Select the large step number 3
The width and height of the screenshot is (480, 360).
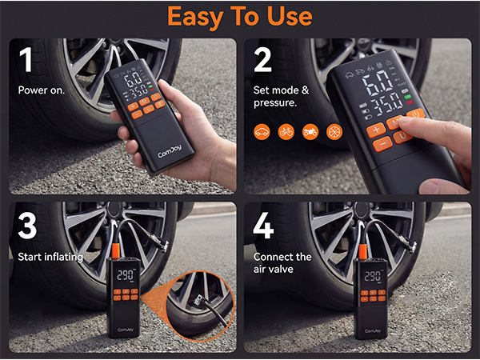(27, 227)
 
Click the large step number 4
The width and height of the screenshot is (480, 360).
(263, 227)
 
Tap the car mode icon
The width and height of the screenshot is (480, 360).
(262, 130)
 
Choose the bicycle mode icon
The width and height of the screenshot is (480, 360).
(286, 130)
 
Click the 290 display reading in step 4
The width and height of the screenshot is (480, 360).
(373, 276)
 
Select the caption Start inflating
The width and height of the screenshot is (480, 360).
(48, 257)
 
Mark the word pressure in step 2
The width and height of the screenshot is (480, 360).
(276, 102)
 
